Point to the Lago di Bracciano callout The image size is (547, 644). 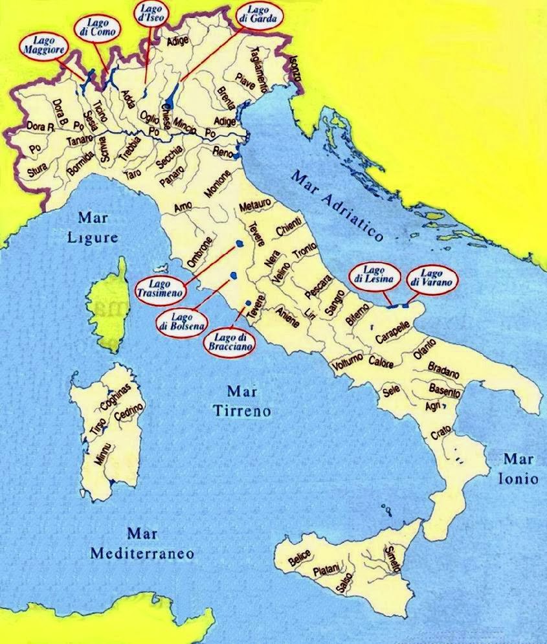click(x=229, y=342)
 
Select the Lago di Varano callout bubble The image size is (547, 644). click(x=432, y=279)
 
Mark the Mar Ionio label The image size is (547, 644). click(x=518, y=469)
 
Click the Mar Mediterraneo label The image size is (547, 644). click(x=142, y=544)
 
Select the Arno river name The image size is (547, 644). click(x=183, y=208)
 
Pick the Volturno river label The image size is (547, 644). click(x=350, y=364)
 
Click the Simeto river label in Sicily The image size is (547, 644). click(x=392, y=557)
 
